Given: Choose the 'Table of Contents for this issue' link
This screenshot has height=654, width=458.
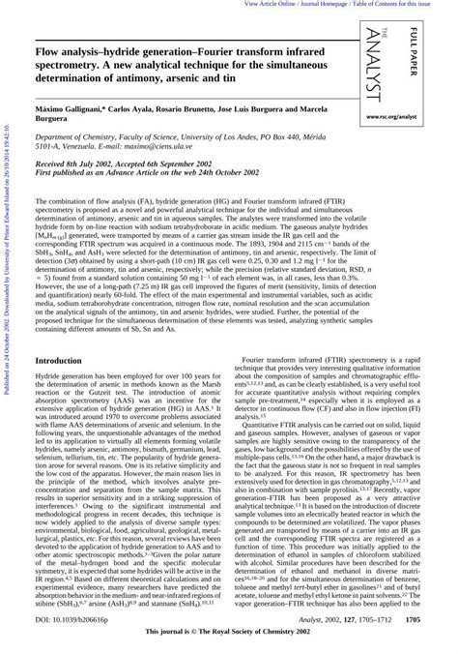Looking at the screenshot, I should tap(406, 4).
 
